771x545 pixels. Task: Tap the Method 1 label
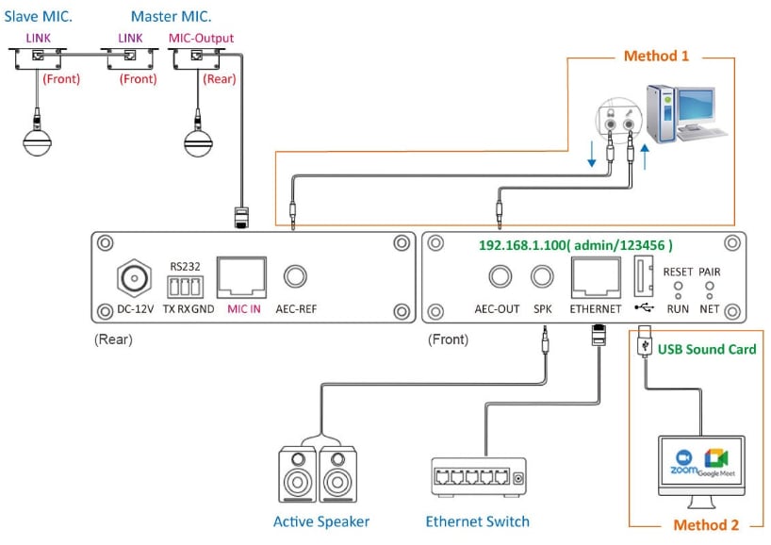click(656, 56)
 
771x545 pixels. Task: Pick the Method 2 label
click(705, 525)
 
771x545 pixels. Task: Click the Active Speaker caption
click(321, 521)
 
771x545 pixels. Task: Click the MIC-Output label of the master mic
click(201, 38)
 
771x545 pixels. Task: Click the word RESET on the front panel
click(678, 272)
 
